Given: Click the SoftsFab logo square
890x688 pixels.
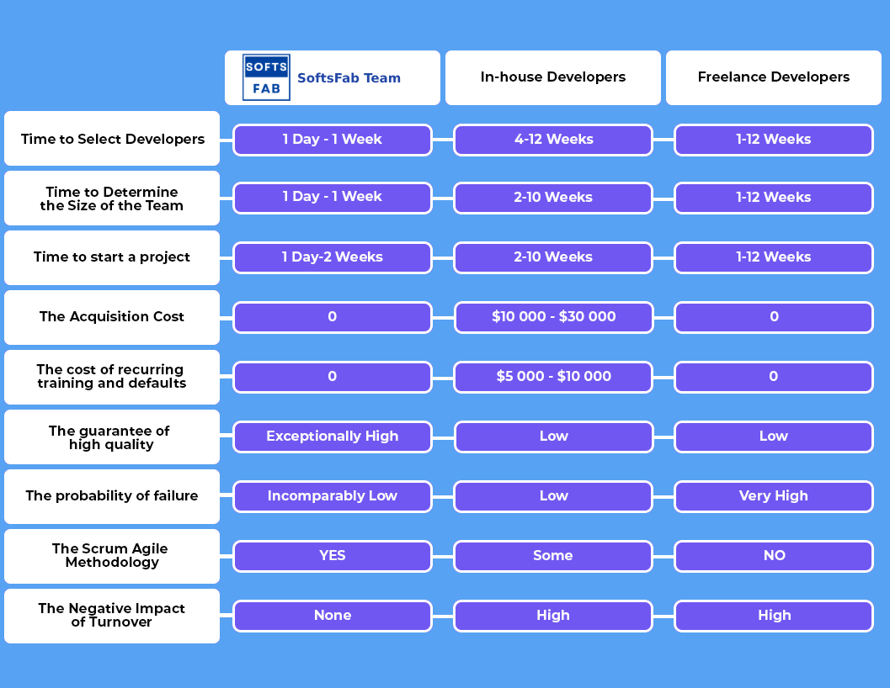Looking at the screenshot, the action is click(x=266, y=77).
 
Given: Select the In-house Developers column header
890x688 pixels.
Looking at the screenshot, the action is click(x=553, y=77).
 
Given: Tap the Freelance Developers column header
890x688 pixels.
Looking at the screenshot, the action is click(x=774, y=77).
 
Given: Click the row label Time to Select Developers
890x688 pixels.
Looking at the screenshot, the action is click(x=112, y=139).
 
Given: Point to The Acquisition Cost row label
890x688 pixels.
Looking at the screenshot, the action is click(x=112, y=317).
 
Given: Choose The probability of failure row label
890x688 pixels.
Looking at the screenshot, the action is click(x=112, y=496).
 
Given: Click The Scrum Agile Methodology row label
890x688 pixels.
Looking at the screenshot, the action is click(x=112, y=556).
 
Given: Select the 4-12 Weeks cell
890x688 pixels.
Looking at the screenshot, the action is click(x=553, y=140).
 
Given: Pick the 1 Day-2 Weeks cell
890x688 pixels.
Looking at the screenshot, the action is click(x=333, y=257).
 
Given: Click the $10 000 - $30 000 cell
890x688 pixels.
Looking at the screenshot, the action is click(x=553, y=317).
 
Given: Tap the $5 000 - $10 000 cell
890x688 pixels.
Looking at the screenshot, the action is click(x=553, y=377).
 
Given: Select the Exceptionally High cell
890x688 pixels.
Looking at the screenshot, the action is click(x=333, y=437).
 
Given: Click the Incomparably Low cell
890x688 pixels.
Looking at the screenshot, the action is click(x=333, y=496).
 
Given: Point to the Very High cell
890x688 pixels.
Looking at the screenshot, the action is click(x=774, y=496).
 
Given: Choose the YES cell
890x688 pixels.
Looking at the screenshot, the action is click(x=333, y=556).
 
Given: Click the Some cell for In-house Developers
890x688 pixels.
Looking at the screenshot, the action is click(x=553, y=556).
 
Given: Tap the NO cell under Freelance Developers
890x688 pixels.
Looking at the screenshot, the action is click(x=774, y=556).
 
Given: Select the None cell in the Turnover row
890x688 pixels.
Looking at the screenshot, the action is click(x=333, y=616).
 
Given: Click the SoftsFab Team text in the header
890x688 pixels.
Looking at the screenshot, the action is click(x=349, y=77).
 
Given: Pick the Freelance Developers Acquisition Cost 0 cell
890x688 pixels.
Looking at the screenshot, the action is click(x=774, y=317).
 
